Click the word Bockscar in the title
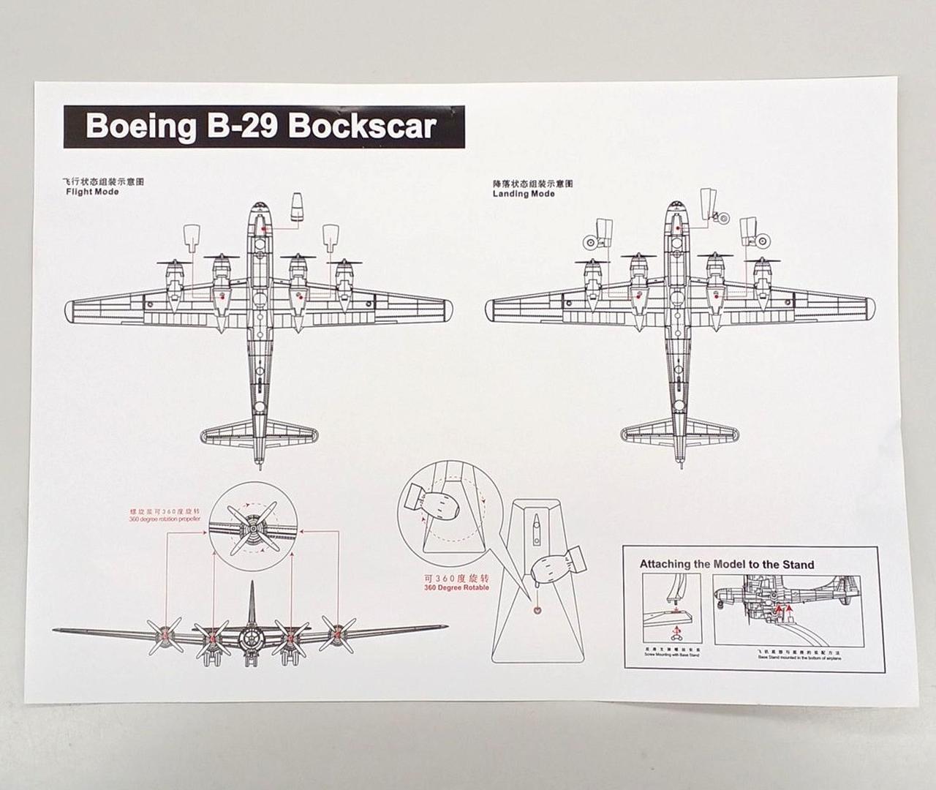(x=363, y=126)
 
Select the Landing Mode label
(x=524, y=194)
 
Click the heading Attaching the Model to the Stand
(x=726, y=564)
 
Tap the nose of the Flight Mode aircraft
(x=260, y=208)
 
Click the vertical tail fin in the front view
(x=251, y=603)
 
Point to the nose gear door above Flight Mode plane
(x=296, y=208)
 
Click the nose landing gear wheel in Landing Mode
(x=722, y=217)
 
